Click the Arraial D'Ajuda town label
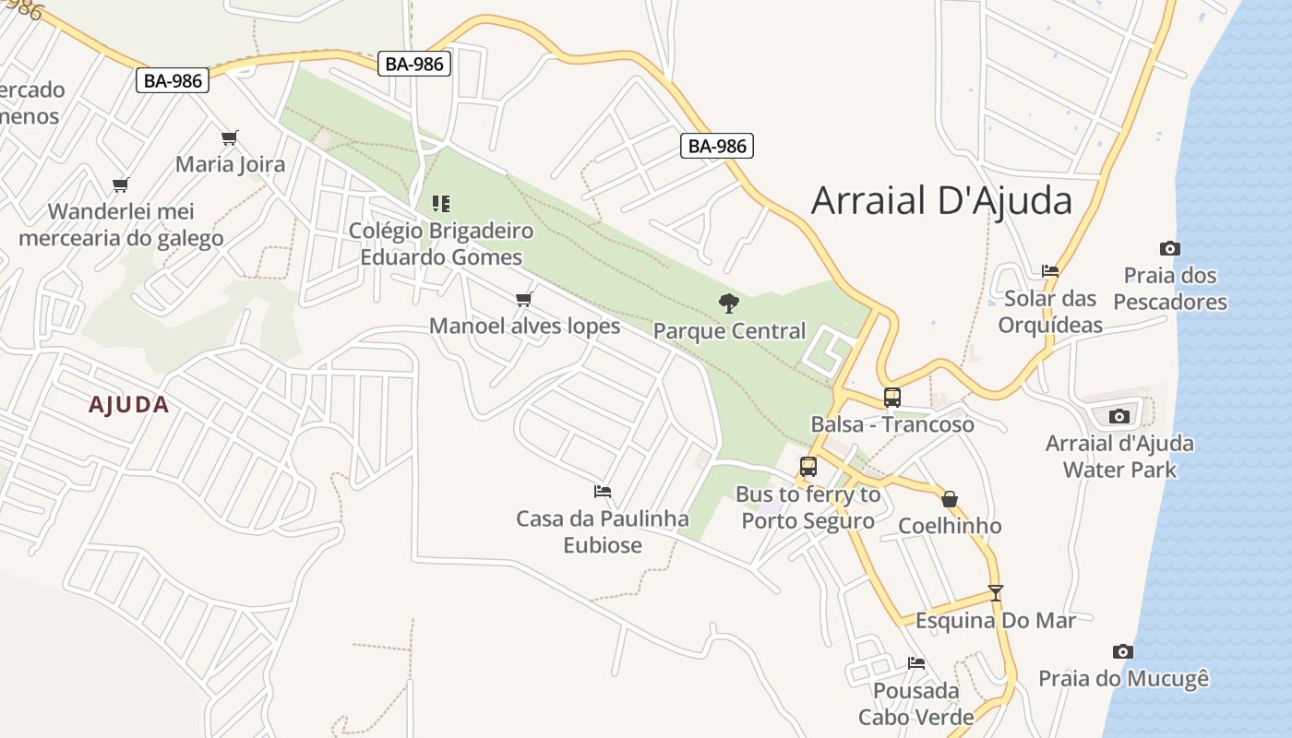click(941, 200)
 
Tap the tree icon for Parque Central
click(729, 303)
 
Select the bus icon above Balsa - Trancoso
click(891, 398)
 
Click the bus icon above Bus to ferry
click(808, 467)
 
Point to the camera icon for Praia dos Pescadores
click(1169, 248)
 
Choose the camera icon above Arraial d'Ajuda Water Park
click(1119, 416)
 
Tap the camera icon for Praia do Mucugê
click(1122, 651)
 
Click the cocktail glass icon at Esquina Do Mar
click(995, 593)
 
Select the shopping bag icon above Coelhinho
click(950, 499)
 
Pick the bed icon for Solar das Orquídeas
click(1049, 271)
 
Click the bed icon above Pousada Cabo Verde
click(915, 663)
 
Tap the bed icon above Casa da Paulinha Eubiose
click(603, 492)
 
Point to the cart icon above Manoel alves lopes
click(524, 299)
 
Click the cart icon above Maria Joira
click(230, 138)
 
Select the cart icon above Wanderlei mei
click(120, 184)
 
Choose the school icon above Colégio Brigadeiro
click(441, 203)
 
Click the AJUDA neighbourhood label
click(129, 404)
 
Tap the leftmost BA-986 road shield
click(173, 80)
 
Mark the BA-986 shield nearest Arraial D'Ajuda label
click(717, 145)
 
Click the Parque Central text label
click(729, 330)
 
